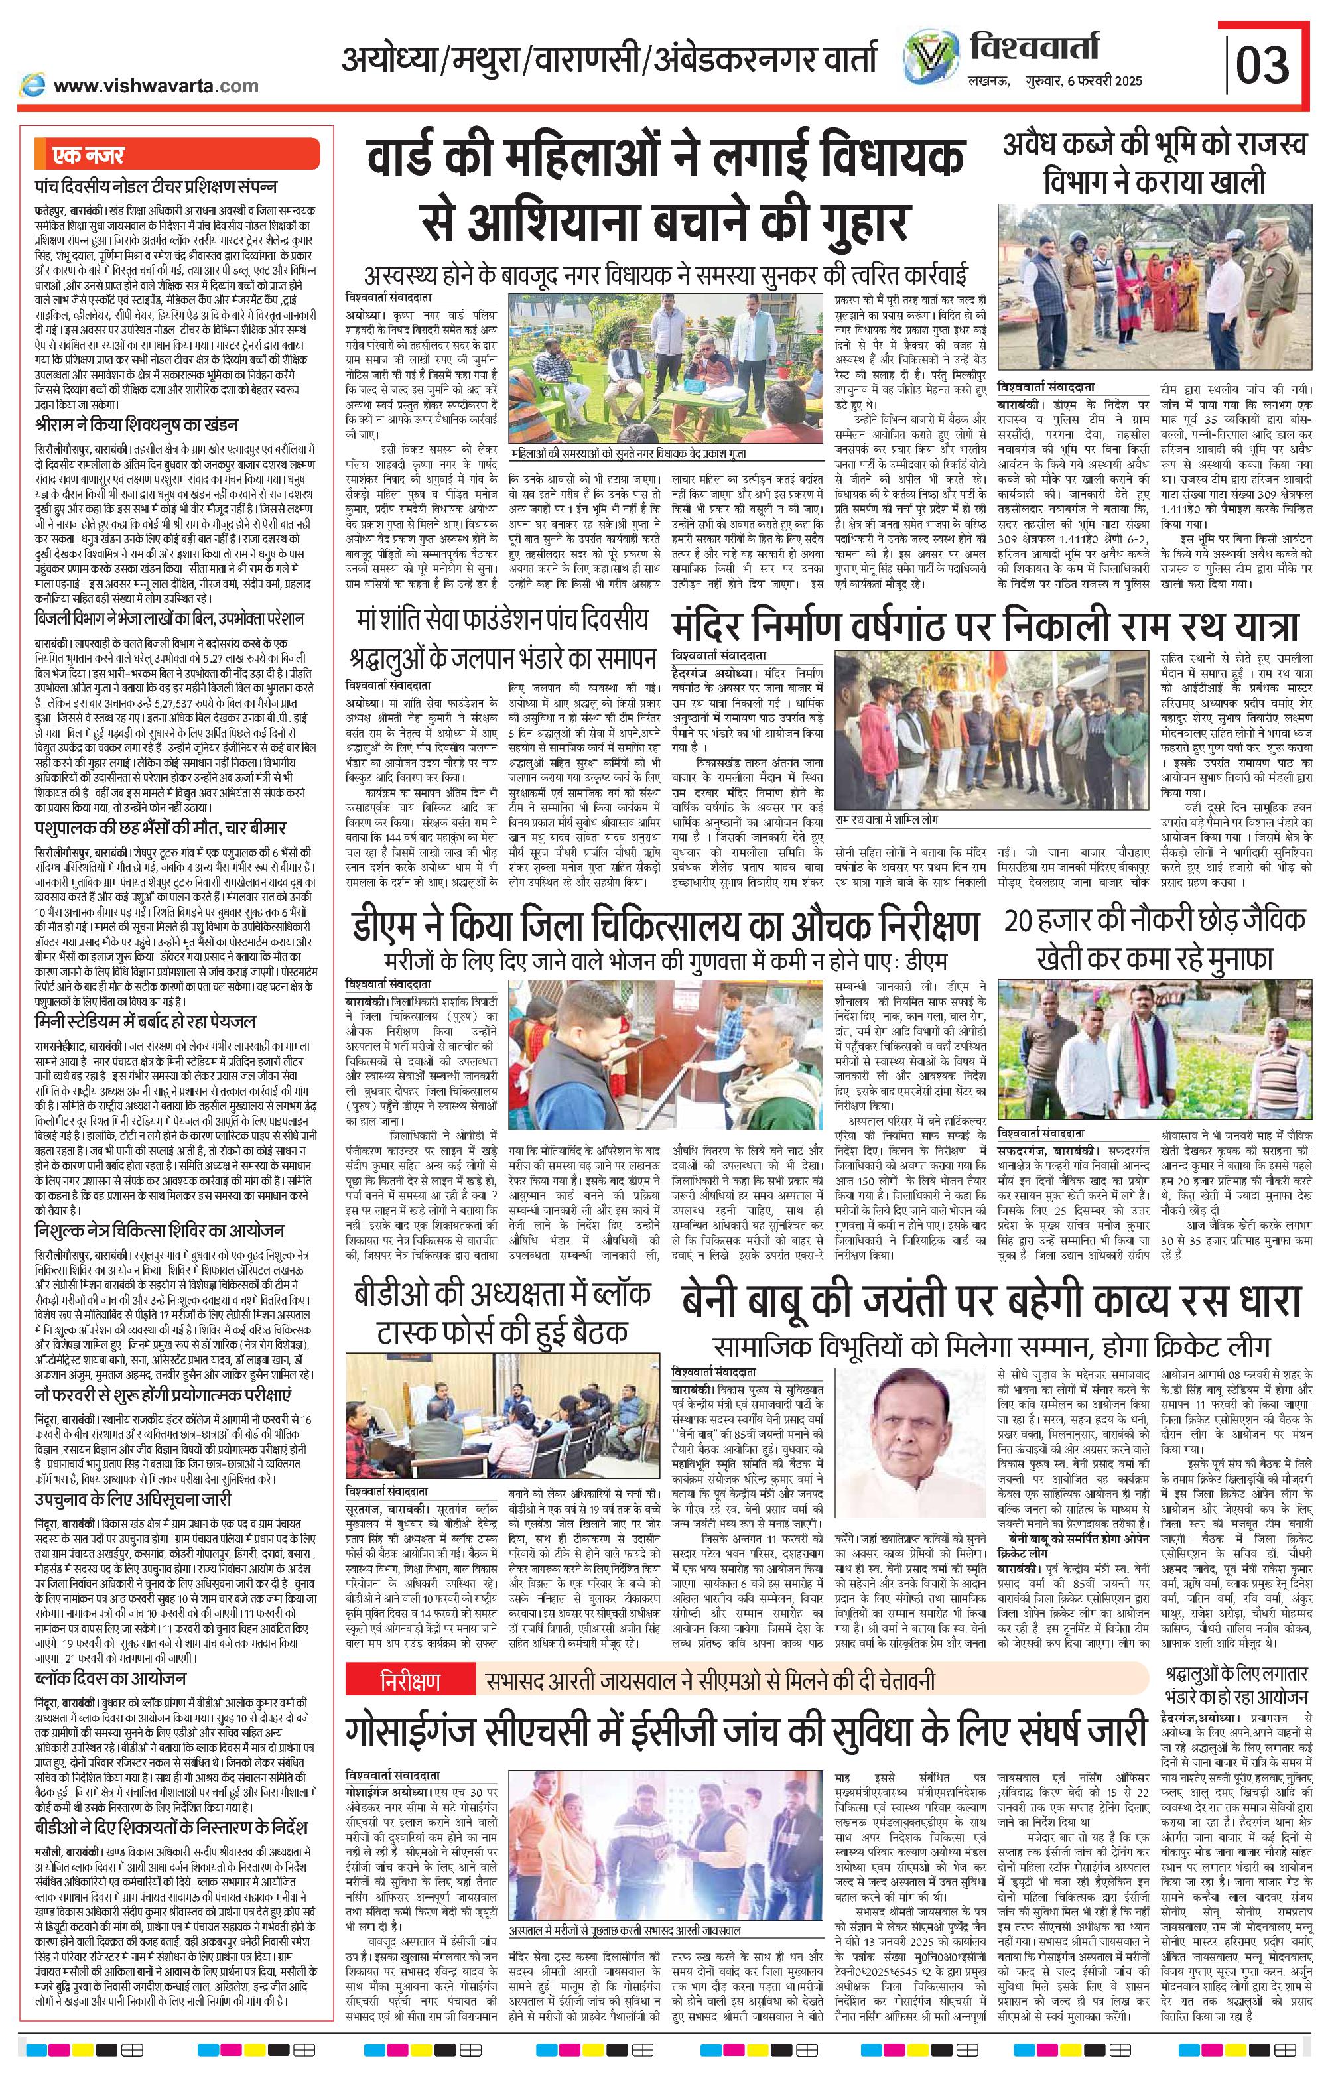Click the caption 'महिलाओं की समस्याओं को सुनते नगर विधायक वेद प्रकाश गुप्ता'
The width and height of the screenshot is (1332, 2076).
pos(628,452)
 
